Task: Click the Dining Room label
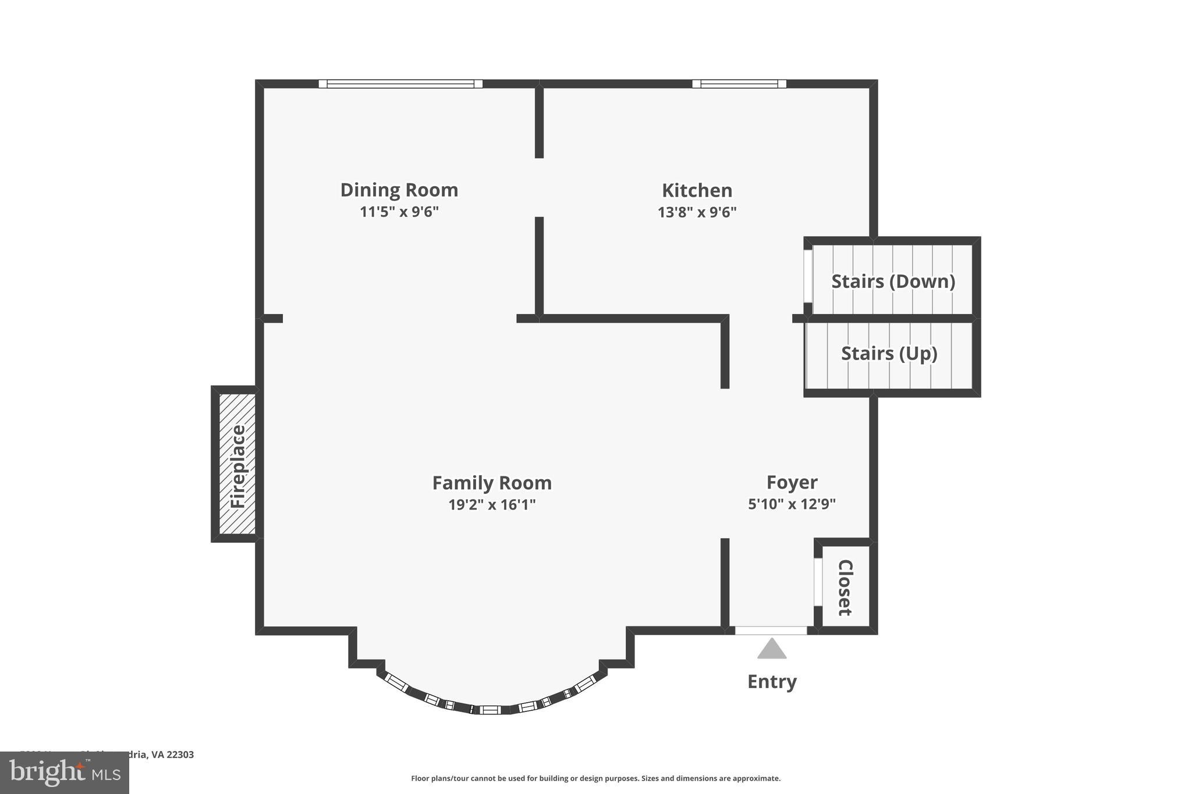[x=399, y=190]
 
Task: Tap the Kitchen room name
[x=697, y=191]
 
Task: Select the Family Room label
[x=492, y=483]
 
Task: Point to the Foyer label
[x=792, y=482]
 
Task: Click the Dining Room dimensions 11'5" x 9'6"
[x=399, y=212]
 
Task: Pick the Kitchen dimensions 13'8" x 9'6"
[x=697, y=212]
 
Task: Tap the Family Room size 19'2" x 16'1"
[x=492, y=504]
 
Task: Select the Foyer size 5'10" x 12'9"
[x=792, y=504]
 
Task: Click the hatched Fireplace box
[x=237, y=464]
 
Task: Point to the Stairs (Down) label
[x=893, y=282]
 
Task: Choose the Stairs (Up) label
[x=889, y=354]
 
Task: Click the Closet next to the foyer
[x=845, y=587]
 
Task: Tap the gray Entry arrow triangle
[x=772, y=650]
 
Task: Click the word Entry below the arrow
[x=772, y=682]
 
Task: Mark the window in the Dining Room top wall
[x=400, y=84]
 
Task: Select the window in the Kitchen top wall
[x=739, y=84]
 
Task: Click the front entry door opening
[x=771, y=631]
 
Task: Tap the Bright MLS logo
[x=65, y=772]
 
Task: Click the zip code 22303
[x=180, y=754]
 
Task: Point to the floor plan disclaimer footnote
[x=595, y=778]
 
